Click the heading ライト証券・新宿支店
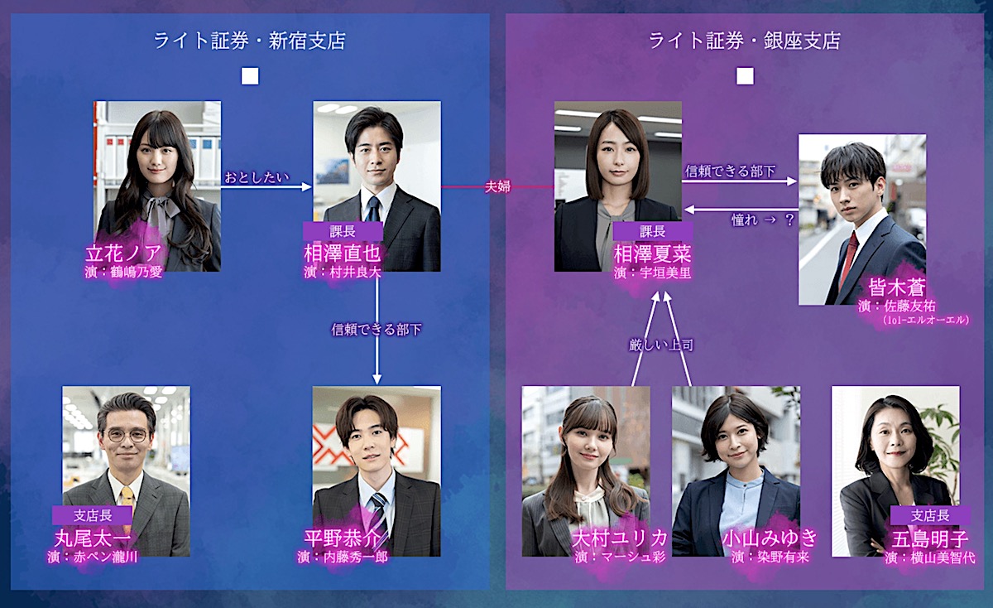click(249, 41)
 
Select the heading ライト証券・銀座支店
click(744, 41)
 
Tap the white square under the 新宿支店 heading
click(250, 76)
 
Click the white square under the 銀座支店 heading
click(745, 76)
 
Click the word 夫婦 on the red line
click(497, 187)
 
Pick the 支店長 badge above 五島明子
click(930, 515)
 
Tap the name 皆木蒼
click(896, 287)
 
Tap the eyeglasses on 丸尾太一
click(127, 435)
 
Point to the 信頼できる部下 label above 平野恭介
click(377, 330)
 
